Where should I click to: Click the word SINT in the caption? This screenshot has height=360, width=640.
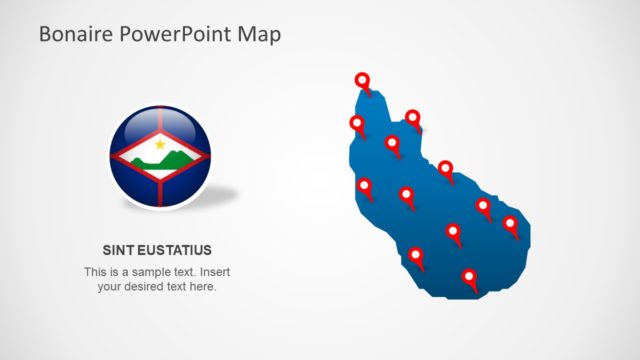(119, 250)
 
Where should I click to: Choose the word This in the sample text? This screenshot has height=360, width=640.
(96, 272)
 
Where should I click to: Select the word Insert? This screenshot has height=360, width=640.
(216, 272)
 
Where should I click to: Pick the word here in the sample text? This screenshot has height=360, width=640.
(202, 287)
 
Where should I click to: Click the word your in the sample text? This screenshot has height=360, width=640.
(110, 287)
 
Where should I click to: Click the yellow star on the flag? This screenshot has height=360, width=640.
(160, 145)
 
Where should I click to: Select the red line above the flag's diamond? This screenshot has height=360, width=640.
(160, 121)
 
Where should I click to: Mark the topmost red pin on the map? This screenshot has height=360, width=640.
(362, 80)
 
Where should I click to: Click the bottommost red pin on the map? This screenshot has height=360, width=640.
(469, 277)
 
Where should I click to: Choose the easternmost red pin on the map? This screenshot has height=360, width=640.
(511, 223)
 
